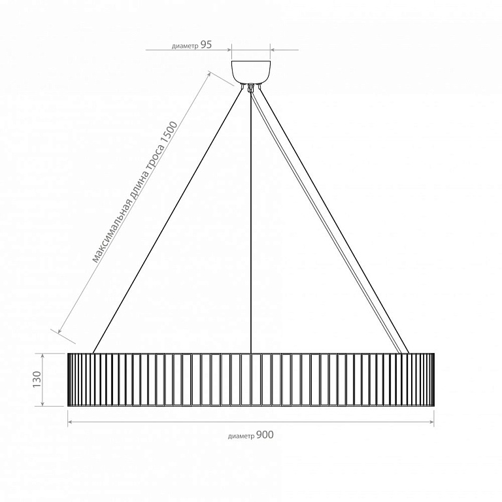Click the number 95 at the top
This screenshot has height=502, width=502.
point(206,45)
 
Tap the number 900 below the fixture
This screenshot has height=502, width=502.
point(265,435)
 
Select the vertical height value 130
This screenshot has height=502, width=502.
point(37,379)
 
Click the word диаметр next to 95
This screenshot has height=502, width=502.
point(185,46)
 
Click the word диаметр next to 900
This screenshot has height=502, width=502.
point(241,437)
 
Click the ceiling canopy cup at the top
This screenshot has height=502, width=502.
point(251,72)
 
